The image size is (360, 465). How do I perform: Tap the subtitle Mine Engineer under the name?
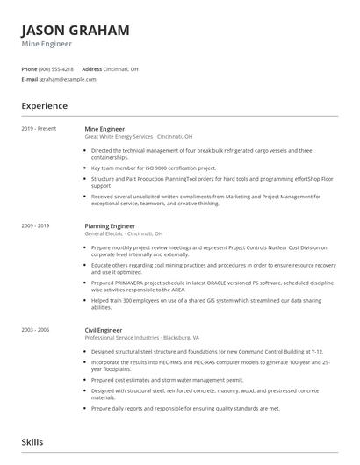tap(47, 44)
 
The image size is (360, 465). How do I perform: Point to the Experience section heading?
tap(44, 106)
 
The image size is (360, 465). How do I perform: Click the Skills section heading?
tap(32, 443)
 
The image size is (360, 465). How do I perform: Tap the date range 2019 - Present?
tap(39, 129)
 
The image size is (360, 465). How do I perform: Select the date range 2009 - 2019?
tap(36, 226)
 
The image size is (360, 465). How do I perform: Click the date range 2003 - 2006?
tap(36, 330)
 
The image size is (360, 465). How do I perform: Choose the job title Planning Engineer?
tap(110, 226)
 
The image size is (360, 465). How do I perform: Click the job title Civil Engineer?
tap(104, 330)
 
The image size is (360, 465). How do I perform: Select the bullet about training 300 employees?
tap(211, 304)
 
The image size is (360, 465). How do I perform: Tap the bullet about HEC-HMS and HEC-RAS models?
tap(211, 364)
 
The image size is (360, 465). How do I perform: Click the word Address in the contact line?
tap(91, 68)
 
